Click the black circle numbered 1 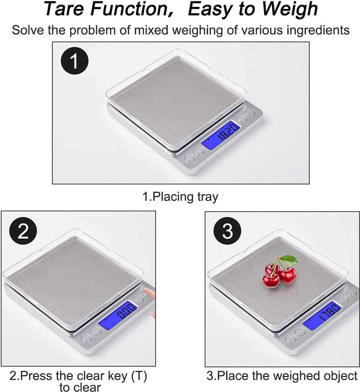[x=75, y=61]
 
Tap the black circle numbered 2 [x=23, y=231]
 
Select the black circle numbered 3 [x=227, y=231]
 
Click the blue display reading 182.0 [x=221, y=135]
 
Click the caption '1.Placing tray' [x=180, y=197]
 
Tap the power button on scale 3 [x=291, y=338]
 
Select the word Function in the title [x=129, y=9]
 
